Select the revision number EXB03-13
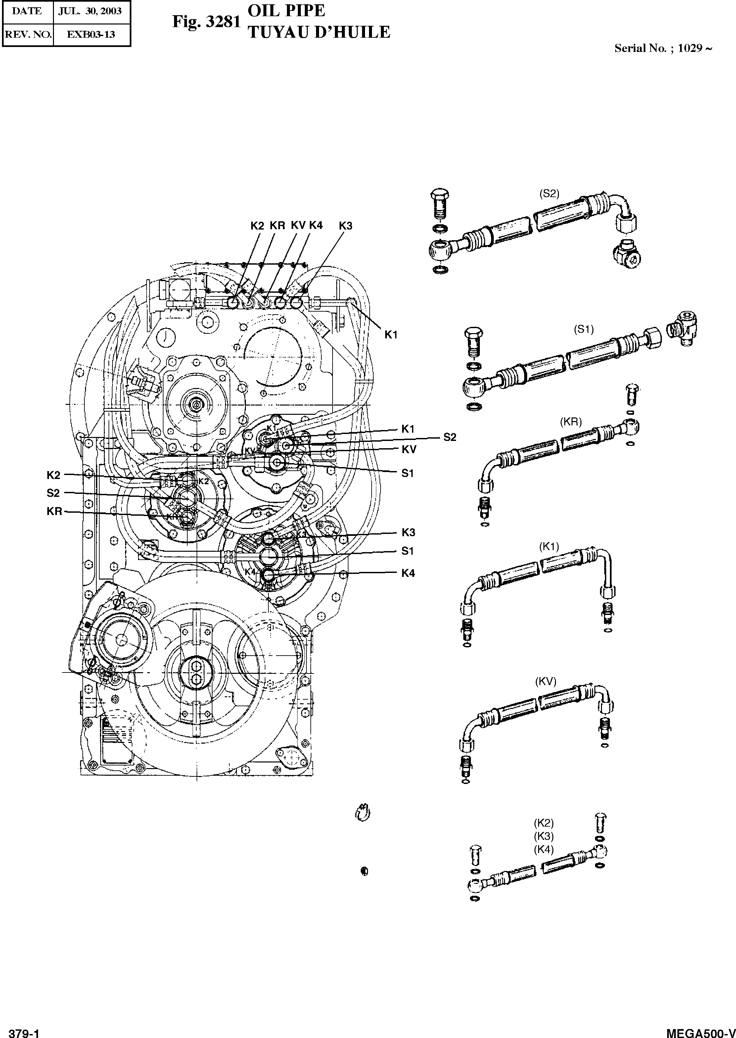click(x=91, y=34)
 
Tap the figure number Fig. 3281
click(x=206, y=22)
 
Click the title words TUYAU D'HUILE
click(x=319, y=32)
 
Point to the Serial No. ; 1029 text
click(x=663, y=48)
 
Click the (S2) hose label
click(x=549, y=194)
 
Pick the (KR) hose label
click(x=571, y=422)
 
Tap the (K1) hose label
click(x=549, y=547)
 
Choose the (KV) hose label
click(x=546, y=682)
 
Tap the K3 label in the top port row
click(x=345, y=226)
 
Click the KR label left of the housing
click(x=54, y=512)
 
